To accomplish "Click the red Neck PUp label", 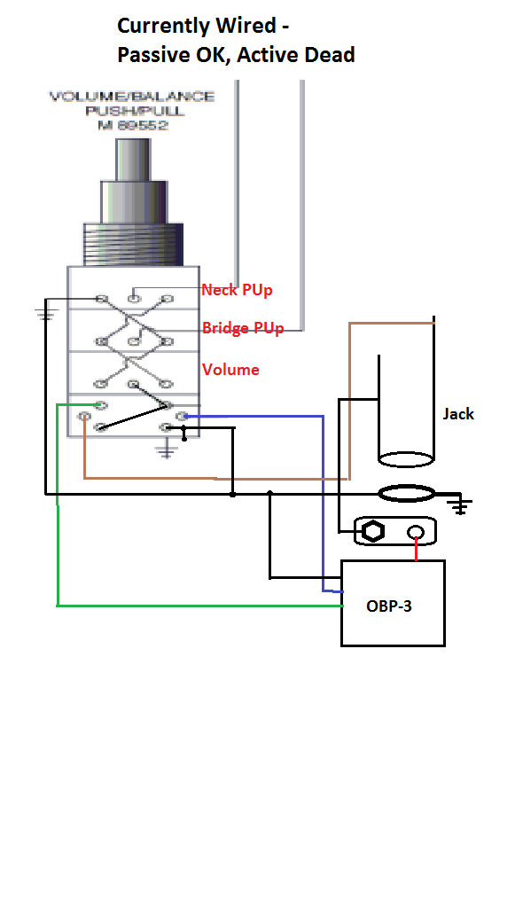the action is (237, 290).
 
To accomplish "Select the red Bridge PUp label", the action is (243, 329).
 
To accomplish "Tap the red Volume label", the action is (230, 370).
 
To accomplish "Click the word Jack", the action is (458, 414).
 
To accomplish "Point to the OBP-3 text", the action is (389, 606).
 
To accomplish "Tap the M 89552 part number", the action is (132, 125).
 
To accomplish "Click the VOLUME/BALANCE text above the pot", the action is (132, 97).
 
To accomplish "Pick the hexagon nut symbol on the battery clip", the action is (373, 532).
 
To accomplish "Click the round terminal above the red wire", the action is (416, 532).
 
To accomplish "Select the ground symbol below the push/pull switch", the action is (167, 450).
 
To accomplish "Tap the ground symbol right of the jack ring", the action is (461, 505).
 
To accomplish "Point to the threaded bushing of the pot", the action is (134, 245).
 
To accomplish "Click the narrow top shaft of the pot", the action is (134, 160).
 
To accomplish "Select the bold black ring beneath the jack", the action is (406, 494).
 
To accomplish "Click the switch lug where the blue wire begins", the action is (182, 416).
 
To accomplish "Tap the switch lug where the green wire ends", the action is (101, 405).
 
